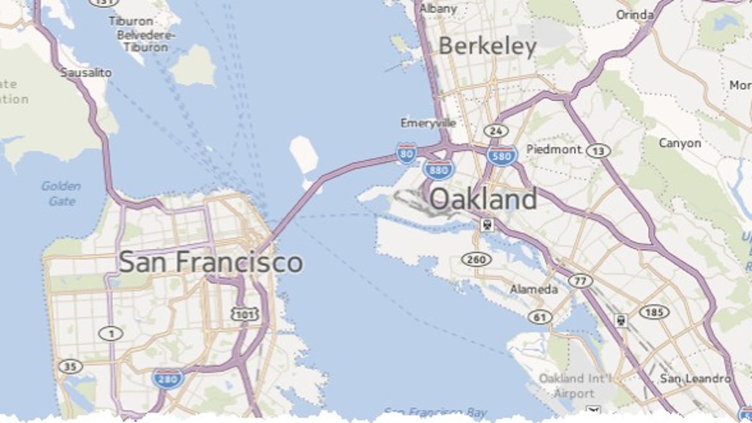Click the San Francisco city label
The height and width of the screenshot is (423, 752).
click(x=211, y=262)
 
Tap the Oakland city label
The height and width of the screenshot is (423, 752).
click(x=483, y=199)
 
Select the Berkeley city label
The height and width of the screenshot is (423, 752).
click(x=488, y=47)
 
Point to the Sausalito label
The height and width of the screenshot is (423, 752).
click(x=86, y=73)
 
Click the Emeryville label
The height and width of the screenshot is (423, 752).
click(x=428, y=123)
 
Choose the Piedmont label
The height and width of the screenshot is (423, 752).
click(x=554, y=149)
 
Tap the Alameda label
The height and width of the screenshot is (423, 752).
click(x=533, y=290)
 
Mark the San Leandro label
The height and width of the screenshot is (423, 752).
click(x=695, y=379)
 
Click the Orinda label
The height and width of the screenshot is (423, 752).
click(x=635, y=14)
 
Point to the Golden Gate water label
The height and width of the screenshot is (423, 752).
click(x=61, y=194)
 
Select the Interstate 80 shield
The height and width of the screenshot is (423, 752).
click(x=406, y=153)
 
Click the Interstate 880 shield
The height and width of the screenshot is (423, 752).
click(x=438, y=169)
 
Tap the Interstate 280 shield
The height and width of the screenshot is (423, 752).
click(x=167, y=378)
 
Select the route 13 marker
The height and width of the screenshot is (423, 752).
click(x=597, y=150)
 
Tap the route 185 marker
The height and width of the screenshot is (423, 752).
click(x=654, y=311)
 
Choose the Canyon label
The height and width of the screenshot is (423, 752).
click(x=680, y=144)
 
